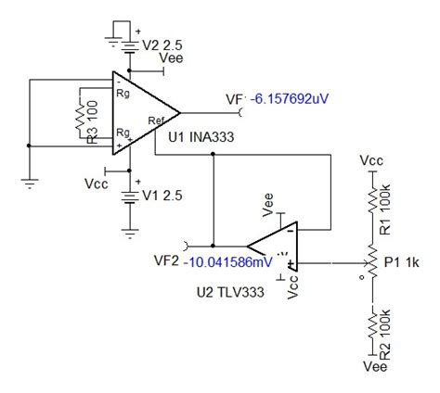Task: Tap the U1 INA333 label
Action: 199,138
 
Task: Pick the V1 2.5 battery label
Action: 160,196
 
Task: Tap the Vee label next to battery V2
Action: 172,57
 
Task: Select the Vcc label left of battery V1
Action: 96,179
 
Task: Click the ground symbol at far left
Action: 30,183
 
